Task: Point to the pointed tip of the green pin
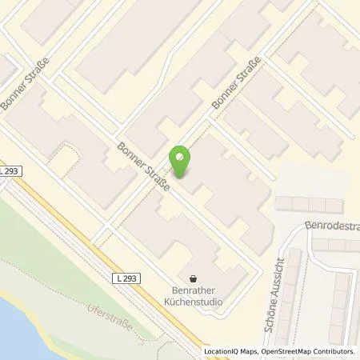coord(182,178)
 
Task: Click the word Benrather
coord(191,291)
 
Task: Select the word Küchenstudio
coord(191,302)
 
